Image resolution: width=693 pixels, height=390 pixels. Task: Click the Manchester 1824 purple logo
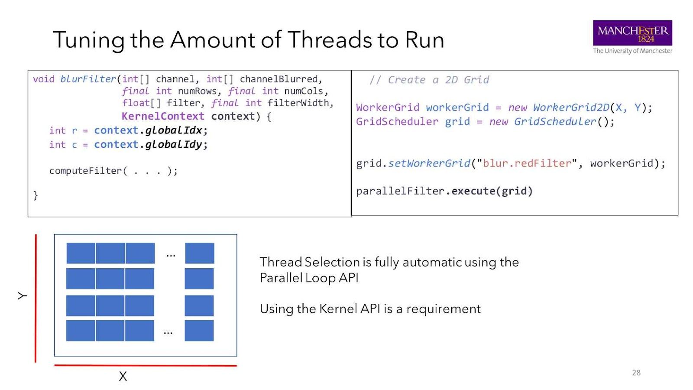[x=632, y=33]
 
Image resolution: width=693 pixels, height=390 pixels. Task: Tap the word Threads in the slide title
[x=330, y=40]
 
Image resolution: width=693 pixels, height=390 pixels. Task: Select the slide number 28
[x=636, y=373]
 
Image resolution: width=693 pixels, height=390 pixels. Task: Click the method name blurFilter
[x=88, y=79]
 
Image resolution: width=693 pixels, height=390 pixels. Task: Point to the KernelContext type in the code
[x=163, y=117]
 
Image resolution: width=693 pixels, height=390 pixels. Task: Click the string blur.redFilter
[x=527, y=164]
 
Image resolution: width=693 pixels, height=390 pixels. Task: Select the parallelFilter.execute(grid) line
[x=444, y=191]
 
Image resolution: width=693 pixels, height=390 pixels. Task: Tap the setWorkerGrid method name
[x=429, y=164]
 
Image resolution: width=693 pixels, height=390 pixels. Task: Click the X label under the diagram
[x=123, y=376]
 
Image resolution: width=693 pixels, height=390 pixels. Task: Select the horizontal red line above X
[x=145, y=366]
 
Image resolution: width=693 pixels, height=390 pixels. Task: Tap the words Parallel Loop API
[x=309, y=278]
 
